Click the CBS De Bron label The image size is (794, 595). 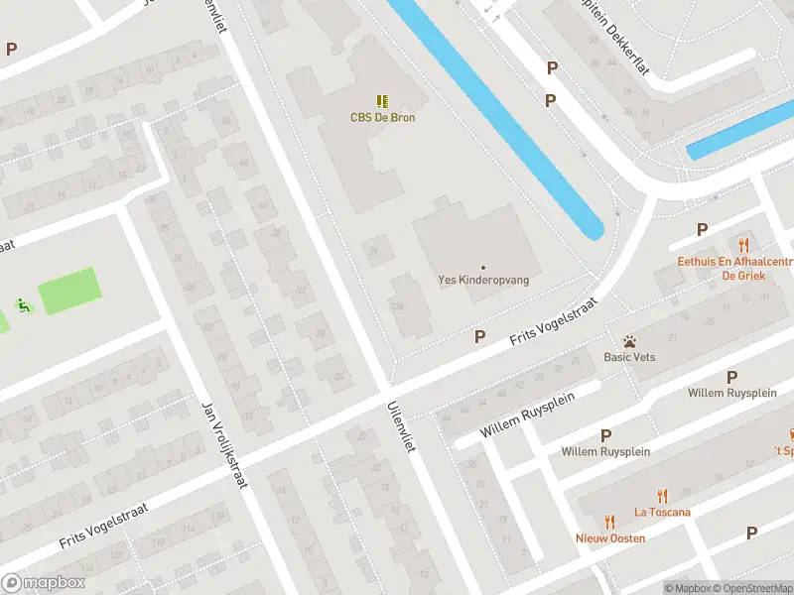point(382,118)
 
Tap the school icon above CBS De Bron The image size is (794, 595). point(382,101)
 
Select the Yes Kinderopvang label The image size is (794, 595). point(483,281)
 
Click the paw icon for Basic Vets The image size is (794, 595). point(629,341)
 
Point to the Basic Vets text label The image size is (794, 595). point(629,357)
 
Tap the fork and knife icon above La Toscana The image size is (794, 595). point(662,497)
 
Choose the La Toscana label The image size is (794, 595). point(662,513)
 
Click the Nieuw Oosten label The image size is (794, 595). point(610,538)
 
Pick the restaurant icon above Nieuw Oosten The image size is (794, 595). point(610,522)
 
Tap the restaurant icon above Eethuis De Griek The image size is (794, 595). point(742,245)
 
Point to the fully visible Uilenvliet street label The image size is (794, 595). point(400,426)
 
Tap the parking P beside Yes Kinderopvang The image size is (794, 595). point(480,336)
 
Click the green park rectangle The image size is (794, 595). point(69,291)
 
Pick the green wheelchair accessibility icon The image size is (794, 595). point(23,305)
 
